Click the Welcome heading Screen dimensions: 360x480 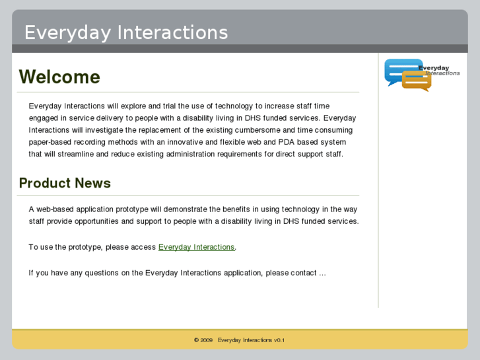coord(59,77)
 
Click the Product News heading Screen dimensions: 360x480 coord(65,183)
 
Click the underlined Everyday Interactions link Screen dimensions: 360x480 coord(196,247)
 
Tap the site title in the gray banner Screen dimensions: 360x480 coord(126,32)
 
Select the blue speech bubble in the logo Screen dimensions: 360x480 coord(401,69)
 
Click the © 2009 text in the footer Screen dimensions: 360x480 coord(203,340)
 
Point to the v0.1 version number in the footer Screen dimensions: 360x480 coord(279,340)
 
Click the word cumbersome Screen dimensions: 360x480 coord(256,130)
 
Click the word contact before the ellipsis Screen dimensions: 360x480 coord(303,273)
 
